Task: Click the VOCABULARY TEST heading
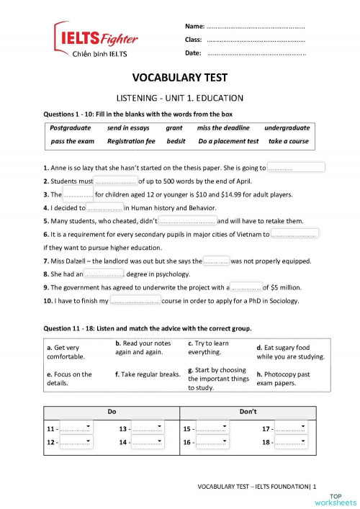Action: [180, 78]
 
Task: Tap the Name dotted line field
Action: [256, 27]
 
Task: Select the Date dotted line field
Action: [256, 53]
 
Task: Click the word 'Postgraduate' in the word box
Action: [71, 127]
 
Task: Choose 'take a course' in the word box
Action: [288, 141]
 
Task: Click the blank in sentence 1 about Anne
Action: [296, 168]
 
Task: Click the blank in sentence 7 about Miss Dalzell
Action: [216, 261]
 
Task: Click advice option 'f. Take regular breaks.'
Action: [148, 374]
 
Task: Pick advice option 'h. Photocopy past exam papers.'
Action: [289, 378]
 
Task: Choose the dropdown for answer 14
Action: [148, 442]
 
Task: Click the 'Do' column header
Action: [112, 411]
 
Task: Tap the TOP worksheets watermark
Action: [342, 498]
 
